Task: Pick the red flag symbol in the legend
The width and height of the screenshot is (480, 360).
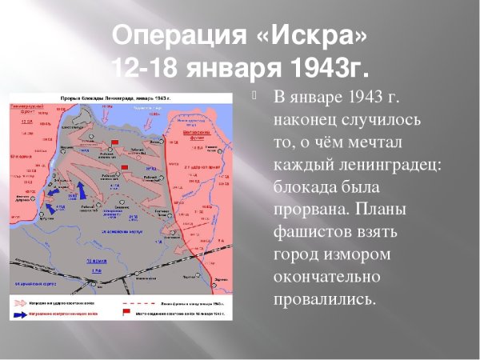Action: [126, 314]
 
